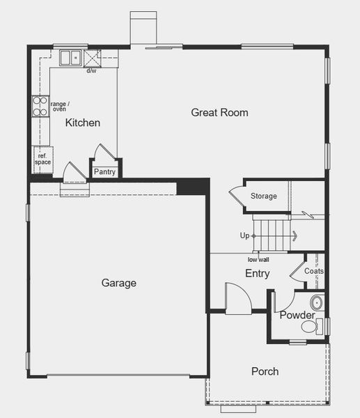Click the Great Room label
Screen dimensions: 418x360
(x=219, y=113)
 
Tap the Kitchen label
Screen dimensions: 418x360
(x=83, y=123)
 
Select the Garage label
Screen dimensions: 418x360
(x=119, y=283)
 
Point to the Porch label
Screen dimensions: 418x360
(x=265, y=371)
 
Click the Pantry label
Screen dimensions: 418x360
(x=104, y=171)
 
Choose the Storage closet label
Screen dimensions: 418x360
(x=264, y=196)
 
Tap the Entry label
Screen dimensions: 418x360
(x=257, y=274)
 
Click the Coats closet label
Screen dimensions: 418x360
(x=314, y=271)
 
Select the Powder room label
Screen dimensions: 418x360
(x=297, y=316)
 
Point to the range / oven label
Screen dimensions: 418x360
(x=60, y=107)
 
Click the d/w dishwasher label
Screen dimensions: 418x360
(x=91, y=71)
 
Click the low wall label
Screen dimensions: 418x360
(x=258, y=260)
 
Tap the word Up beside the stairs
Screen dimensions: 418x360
(x=244, y=236)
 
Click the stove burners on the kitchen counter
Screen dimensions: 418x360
(x=39, y=106)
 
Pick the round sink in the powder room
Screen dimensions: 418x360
(x=317, y=303)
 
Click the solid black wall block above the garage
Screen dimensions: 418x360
(x=193, y=187)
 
